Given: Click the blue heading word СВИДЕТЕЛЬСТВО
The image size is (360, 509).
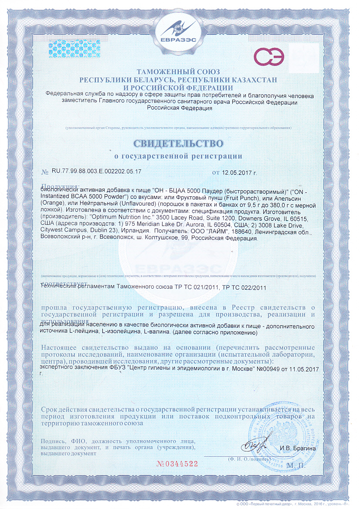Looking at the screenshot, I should pos(179,143).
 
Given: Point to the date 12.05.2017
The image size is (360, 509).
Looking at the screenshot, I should pos(239,172).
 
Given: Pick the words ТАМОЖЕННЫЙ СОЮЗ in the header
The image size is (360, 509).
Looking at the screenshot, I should pos(179,71).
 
